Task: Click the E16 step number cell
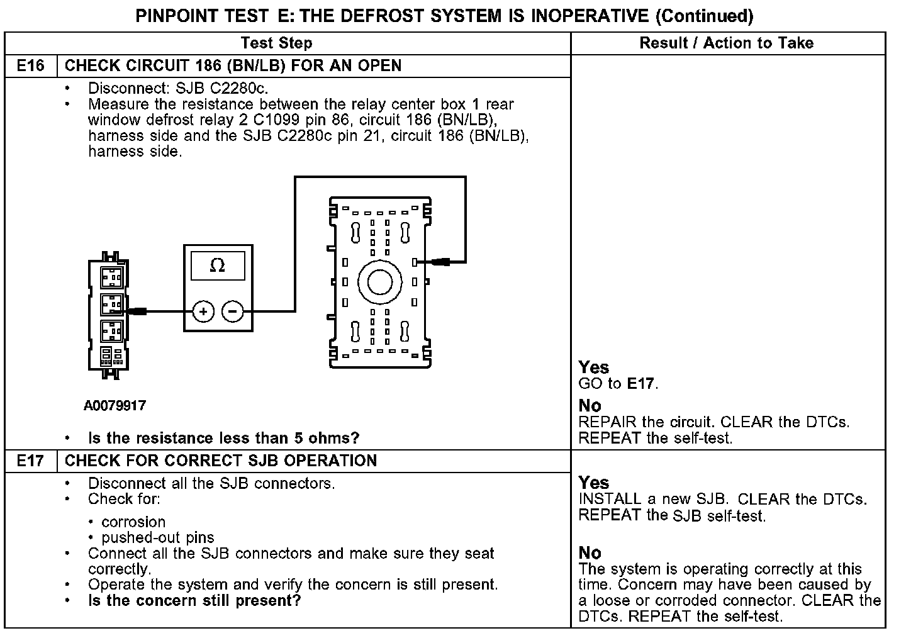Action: pyautogui.click(x=30, y=66)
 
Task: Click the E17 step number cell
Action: pyautogui.click(x=30, y=461)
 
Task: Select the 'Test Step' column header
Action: pyautogui.click(x=276, y=43)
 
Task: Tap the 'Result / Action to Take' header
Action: pyautogui.click(x=726, y=43)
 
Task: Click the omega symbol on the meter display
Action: pyautogui.click(x=217, y=266)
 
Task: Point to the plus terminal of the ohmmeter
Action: pyautogui.click(x=203, y=311)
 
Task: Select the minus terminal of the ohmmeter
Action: pyautogui.click(x=233, y=311)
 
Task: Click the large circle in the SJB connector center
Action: pyautogui.click(x=379, y=282)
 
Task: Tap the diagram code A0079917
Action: pyautogui.click(x=115, y=406)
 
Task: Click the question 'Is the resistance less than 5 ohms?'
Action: pyautogui.click(x=223, y=438)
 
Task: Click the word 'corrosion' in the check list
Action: pyautogui.click(x=133, y=522)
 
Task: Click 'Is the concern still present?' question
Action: pyautogui.click(x=194, y=600)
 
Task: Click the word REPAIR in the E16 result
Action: pyautogui.click(x=607, y=422)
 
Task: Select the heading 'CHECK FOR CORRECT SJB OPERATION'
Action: pyautogui.click(x=221, y=461)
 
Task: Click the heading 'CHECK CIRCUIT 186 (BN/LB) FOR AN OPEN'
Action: pyautogui.click(x=233, y=66)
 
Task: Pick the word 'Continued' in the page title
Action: pyautogui.click(x=704, y=15)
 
